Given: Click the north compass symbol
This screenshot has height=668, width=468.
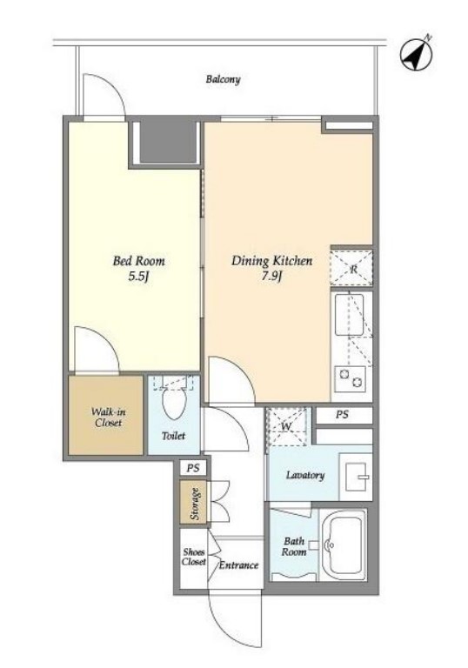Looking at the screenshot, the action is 416,55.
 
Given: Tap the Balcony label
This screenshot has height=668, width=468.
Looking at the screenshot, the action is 223,79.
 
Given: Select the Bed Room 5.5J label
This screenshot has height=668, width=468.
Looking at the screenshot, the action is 138,269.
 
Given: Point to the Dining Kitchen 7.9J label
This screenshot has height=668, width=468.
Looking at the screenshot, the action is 271,269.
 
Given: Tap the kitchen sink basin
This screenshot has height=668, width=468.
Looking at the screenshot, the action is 349,315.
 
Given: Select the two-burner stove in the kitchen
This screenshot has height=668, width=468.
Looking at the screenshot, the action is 350,378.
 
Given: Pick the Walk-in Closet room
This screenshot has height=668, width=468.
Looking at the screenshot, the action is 106,416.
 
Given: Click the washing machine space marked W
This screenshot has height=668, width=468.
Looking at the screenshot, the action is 286,426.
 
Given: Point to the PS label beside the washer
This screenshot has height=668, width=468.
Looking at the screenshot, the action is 342,414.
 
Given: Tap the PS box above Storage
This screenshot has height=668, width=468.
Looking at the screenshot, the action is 193,468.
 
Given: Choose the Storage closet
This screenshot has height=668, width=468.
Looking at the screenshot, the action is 193,502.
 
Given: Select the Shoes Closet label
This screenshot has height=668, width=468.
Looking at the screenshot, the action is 193,557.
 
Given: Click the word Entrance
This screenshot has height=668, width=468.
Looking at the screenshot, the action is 238,565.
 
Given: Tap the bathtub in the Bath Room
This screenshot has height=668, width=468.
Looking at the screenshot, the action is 343,545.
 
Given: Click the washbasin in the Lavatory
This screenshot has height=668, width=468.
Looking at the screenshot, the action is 357,478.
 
